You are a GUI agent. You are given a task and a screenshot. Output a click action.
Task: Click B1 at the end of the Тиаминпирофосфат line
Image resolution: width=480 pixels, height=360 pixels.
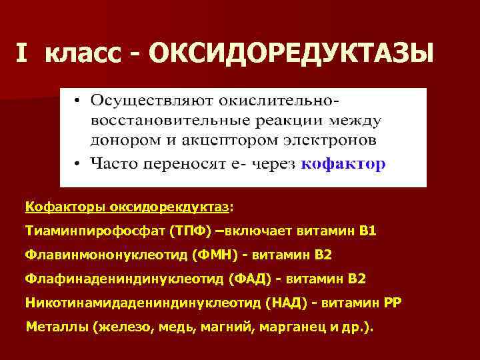(367, 231)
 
